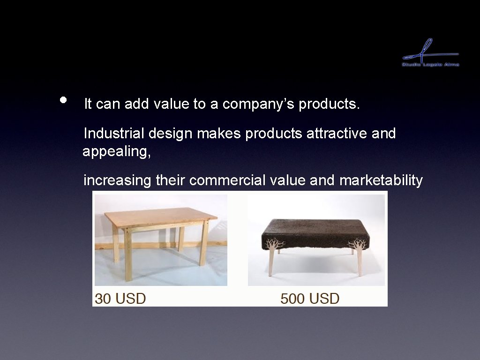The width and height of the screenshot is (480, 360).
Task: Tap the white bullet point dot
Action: coord(64,100)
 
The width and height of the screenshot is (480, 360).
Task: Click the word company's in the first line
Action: coord(258,104)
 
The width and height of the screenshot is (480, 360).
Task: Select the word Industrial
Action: coord(114,134)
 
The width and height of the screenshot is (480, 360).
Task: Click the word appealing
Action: coord(116,152)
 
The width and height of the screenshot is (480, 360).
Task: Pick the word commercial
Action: coord(228,180)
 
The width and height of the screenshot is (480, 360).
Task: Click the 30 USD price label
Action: coord(120,298)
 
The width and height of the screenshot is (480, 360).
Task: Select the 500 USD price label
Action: coord(309,298)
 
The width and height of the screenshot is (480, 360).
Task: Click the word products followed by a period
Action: coord(329,104)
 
